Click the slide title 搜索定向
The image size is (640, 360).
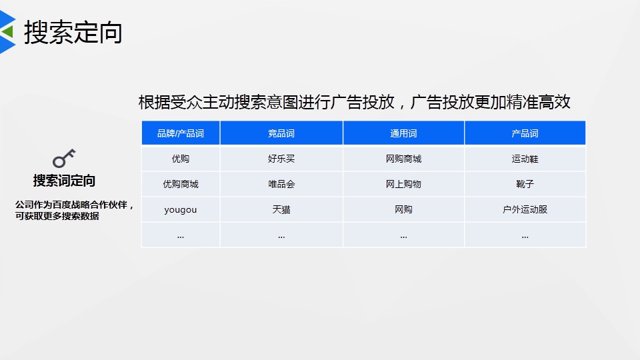[x=73, y=32]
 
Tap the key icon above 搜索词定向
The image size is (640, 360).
[x=64, y=159]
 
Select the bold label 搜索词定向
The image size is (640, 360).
[x=64, y=181]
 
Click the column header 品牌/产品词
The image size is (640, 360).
[x=181, y=133]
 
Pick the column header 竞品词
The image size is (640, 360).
[x=281, y=133]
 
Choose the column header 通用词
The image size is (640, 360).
[x=403, y=133]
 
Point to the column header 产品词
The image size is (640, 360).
[x=525, y=133]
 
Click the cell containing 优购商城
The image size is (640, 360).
[x=181, y=184]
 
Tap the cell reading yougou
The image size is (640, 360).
[x=181, y=209]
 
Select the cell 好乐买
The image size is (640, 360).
[x=281, y=159]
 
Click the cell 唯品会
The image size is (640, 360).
[x=281, y=184]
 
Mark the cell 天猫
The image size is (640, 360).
[x=281, y=209]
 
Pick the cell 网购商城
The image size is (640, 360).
[x=403, y=159]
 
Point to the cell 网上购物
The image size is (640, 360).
[x=403, y=184]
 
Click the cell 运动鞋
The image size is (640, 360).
[x=525, y=159]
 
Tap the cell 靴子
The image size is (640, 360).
[x=525, y=184]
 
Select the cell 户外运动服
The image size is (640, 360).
[x=525, y=209]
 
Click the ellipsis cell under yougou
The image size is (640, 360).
[x=181, y=235]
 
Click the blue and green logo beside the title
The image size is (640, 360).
[x=7, y=32]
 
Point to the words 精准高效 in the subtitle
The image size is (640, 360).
[x=539, y=102]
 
